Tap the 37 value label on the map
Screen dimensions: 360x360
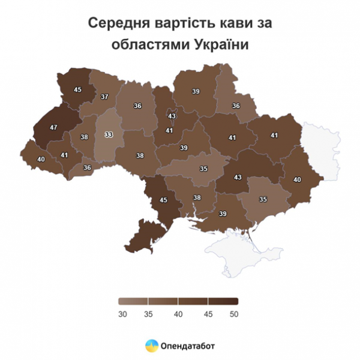point(104,97)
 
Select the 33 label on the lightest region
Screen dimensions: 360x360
point(109,134)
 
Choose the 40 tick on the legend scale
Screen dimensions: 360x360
point(178,313)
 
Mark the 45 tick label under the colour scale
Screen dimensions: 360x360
point(207,313)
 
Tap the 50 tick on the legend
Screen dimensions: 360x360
point(235,313)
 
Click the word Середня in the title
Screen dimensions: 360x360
point(117,23)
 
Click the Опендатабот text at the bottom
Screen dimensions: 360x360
point(188,346)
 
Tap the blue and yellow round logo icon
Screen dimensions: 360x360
point(152,346)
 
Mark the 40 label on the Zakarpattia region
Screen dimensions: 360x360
point(41,160)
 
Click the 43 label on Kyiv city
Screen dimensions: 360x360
point(172,116)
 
